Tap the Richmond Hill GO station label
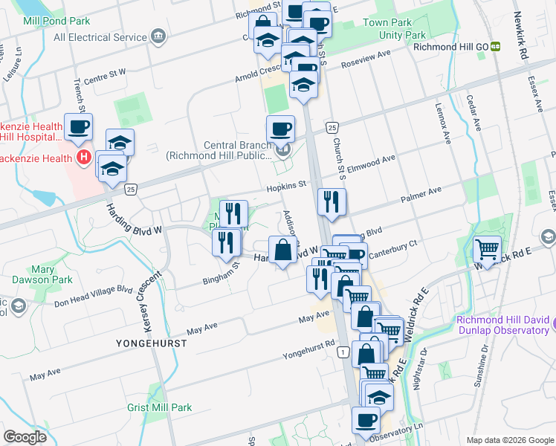click(451, 46)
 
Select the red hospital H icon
click(83, 158)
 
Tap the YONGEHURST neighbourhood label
click(151, 343)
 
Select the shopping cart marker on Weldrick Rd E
click(488, 249)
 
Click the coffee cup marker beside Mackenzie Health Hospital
click(78, 127)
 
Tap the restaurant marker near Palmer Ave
click(332, 201)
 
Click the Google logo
click(25, 437)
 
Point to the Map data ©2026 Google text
click(510, 439)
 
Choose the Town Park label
click(388, 23)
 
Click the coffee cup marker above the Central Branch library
click(280, 129)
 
